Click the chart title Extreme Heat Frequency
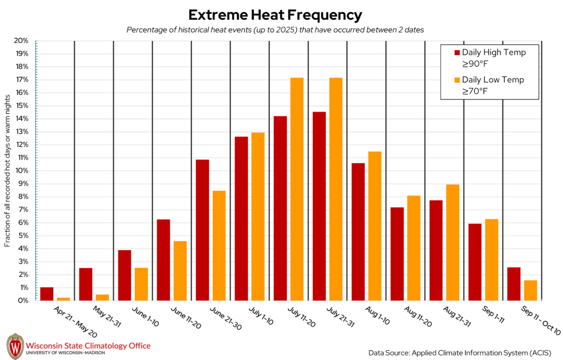[x=275, y=15]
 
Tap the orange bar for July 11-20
[x=297, y=189]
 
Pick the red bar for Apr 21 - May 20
[x=47, y=294]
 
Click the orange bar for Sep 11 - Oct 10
[x=531, y=290]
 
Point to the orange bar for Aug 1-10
[x=375, y=226]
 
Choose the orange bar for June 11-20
[x=180, y=270]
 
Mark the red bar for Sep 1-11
[x=475, y=262]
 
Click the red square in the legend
[x=457, y=53]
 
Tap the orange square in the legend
[x=457, y=80]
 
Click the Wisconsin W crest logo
[x=15, y=346]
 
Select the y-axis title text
[x=8, y=170]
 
